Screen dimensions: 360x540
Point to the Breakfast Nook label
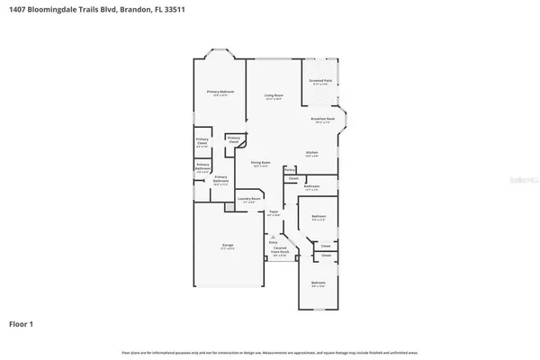click(x=322, y=119)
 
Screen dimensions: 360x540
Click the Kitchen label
click(x=311, y=153)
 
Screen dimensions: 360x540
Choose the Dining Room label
click(x=261, y=163)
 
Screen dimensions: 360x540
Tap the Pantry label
click(x=290, y=168)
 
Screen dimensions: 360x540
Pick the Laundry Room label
click(x=250, y=200)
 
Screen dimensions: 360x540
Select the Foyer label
click(x=274, y=212)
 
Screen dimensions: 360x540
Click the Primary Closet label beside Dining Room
click(x=233, y=139)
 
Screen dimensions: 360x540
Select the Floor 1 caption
click(x=22, y=322)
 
